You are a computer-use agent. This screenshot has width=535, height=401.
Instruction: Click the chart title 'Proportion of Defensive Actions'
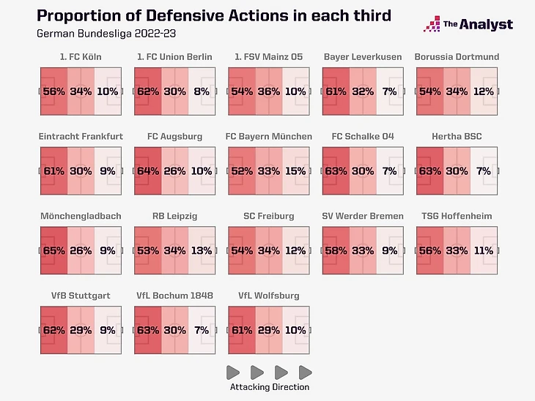coord(214,15)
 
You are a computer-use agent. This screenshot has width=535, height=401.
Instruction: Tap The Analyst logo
coord(468,24)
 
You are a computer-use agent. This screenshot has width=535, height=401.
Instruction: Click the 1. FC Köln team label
coord(81,57)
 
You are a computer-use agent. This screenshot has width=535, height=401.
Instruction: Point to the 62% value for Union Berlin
coord(148,91)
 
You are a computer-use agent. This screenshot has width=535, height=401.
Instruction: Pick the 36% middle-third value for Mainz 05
coord(269,91)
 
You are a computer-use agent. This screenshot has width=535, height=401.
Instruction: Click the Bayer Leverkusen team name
coord(363,57)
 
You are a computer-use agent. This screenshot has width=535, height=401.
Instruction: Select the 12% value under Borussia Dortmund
coord(483,91)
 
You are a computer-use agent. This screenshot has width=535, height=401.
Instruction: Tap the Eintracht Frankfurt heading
coord(81,136)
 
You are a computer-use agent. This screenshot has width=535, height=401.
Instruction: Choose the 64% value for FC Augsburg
coord(148,170)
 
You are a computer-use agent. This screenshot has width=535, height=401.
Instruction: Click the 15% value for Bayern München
coord(295,170)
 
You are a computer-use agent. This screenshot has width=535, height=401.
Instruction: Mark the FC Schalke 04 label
coord(363,136)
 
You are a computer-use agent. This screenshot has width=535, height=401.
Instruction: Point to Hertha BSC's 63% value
coord(429,170)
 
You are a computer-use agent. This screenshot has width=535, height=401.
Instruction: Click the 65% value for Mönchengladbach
coord(53,250)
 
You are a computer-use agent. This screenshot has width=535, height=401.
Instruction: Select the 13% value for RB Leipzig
coord(202,250)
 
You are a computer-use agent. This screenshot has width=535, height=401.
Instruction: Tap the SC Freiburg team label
coord(269,216)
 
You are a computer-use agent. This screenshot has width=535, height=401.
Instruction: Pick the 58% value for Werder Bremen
coord(336,250)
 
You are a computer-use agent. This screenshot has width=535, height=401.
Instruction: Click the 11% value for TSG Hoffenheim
coord(483,250)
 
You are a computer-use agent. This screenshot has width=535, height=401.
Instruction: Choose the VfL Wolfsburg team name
coord(269,296)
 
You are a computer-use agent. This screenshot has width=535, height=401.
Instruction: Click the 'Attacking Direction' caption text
coord(270,387)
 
